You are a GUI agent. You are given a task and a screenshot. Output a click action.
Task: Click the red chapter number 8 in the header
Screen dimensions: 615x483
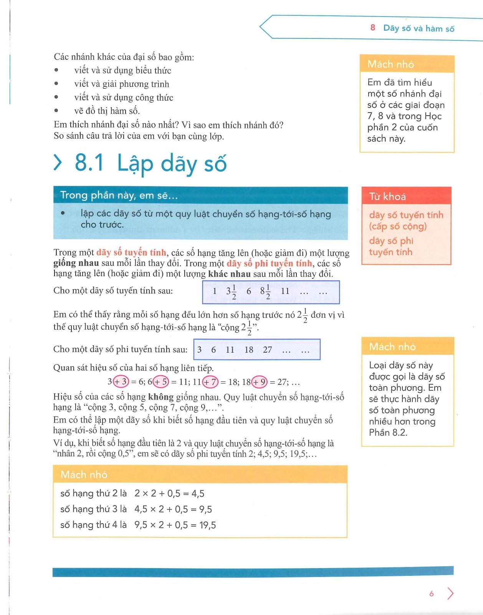(x=372, y=28)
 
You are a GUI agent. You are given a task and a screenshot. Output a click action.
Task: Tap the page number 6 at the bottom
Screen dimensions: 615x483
(x=431, y=594)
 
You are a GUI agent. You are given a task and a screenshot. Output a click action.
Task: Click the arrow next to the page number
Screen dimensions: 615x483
(x=450, y=593)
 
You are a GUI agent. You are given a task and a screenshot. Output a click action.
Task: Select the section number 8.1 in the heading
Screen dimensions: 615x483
(x=89, y=162)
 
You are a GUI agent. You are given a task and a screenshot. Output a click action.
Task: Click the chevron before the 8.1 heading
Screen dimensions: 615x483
(x=58, y=162)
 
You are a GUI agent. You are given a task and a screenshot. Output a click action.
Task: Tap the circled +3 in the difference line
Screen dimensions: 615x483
(x=121, y=382)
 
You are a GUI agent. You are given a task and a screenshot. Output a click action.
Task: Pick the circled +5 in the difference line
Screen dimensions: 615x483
(x=161, y=382)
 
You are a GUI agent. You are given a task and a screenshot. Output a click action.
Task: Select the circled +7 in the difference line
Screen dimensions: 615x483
(x=210, y=382)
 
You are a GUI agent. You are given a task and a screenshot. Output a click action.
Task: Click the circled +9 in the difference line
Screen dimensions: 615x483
(x=259, y=382)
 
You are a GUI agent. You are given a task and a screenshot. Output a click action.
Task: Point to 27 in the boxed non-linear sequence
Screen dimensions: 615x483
(x=267, y=350)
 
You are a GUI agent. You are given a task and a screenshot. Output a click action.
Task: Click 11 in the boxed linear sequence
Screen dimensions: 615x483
(x=285, y=291)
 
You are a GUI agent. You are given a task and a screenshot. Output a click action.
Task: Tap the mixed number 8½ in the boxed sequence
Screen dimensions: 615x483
(x=265, y=292)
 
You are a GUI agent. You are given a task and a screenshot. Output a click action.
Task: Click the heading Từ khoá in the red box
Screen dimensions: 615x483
(x=387, y=197)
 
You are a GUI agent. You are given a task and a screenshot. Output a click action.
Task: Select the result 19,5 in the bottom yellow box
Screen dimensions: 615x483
(x=208, y=525)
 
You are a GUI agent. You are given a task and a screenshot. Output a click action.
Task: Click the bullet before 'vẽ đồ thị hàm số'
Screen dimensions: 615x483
(x=56, y=111)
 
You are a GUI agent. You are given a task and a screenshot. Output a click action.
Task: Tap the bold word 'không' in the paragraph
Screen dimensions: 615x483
(x=161, y=397)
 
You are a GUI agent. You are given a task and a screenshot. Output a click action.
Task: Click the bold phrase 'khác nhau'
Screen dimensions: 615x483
(x=229, y=274)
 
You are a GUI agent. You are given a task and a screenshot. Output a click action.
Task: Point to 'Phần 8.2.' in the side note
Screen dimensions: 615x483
(x=388, y=433)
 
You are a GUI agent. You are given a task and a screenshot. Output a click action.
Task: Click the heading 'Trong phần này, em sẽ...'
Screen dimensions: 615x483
(x=119, y=196)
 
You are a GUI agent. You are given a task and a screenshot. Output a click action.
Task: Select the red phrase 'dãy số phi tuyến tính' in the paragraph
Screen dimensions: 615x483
(x=269, y=264)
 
